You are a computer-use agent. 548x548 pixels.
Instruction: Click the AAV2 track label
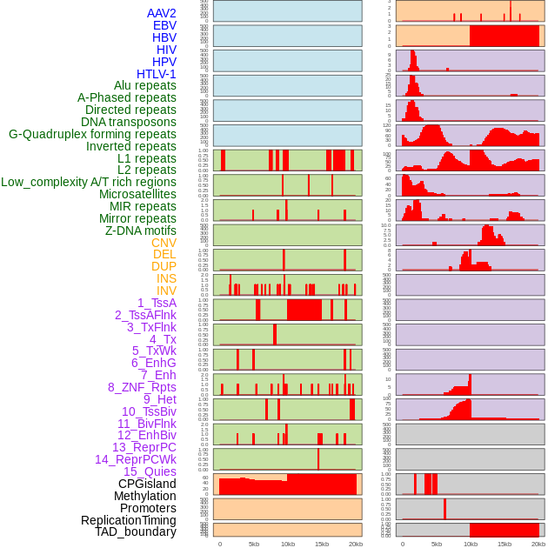(x=162, y=13)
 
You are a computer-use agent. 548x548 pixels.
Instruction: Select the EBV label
(x=164, y=25)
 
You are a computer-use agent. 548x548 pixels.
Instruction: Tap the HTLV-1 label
(x=157, y=74)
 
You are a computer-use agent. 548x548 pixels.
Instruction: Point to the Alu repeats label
(x=145, y=85)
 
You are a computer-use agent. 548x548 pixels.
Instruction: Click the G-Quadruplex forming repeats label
(x=92, y=134)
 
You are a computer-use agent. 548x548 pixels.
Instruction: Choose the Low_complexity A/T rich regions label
(x=89, y=182)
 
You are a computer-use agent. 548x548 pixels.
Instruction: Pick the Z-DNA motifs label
(x=141, y=231)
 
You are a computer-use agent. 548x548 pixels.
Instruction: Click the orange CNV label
(x=164, y=243)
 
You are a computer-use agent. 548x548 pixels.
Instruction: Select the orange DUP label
(x=164, y=266)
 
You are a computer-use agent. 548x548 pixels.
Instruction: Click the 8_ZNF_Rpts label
(x=142, y=387)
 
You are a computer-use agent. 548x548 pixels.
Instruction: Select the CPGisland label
(x=147, y=484)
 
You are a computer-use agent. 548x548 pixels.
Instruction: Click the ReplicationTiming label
(x=129, y=520)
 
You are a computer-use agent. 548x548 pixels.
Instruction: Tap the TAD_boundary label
(x=136, y=531)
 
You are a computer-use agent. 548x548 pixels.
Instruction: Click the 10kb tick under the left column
(x=288, y=544)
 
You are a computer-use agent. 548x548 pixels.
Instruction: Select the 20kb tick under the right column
(x=538, y=544)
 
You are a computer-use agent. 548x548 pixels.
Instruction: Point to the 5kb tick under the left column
(x=254, y=544)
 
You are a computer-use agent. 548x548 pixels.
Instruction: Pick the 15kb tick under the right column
(x=505, y=544)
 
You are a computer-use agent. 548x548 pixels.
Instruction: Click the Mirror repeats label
(x=138, y=218)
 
